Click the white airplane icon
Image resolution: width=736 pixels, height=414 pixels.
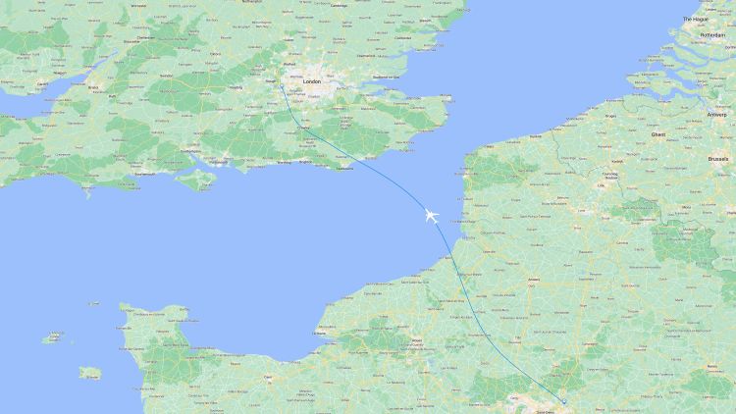(431, 215)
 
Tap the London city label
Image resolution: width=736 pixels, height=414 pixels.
(313, 82)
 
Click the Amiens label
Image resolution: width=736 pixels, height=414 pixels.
(535, 279)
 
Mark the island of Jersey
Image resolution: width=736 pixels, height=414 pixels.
(90, 373)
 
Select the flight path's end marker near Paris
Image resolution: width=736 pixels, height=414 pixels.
(564, 400)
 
